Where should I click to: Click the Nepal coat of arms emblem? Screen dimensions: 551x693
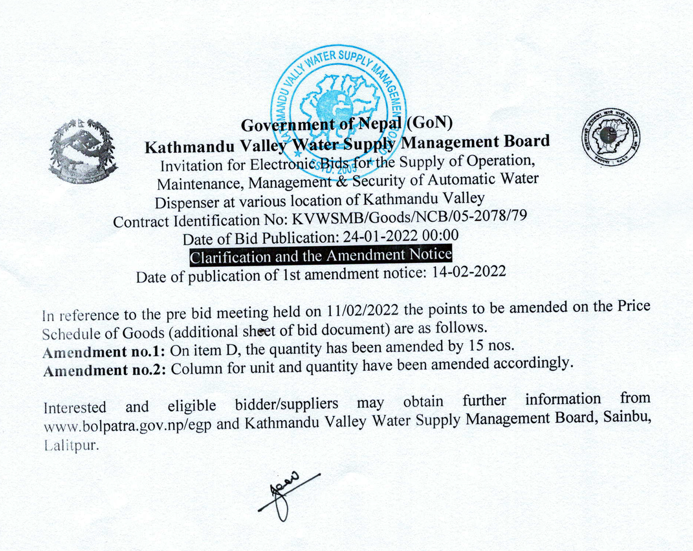pyautogui.click(x=83, y=151)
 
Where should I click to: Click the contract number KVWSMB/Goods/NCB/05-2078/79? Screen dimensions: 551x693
pyautogui.click(x=409, y=218)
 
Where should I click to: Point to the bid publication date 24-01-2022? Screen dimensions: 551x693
pyautogui.click(x=380, y=237)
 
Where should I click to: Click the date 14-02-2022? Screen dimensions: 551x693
pyautogui.click(x=468, y=272)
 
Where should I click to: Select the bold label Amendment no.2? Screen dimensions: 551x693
pyautogui.click(x=104, y=370)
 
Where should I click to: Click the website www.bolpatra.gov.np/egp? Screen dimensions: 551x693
pyautogui.click(x=128, y=425)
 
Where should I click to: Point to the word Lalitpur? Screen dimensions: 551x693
pyautogui.click(x=72, y=445)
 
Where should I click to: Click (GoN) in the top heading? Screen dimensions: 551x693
pyautogui.click(x=429, y=122)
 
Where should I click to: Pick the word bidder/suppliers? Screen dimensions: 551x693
pyautogui.click(x=286, y=404)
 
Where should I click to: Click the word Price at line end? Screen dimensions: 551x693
pyautogui.click(x=633, y=306)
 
